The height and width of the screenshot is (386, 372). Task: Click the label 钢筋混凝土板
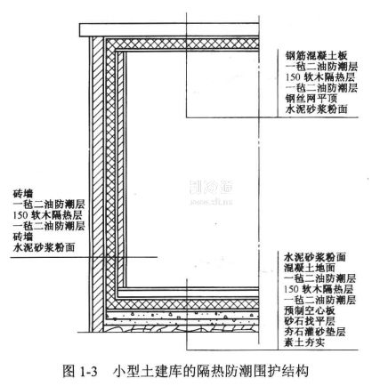(316, 55)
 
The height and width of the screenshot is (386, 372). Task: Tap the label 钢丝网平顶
(311, 99)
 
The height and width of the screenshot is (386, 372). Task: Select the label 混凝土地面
(310, 268)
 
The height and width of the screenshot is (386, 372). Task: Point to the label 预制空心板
(310, 310)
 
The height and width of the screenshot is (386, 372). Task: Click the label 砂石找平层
(310, 321)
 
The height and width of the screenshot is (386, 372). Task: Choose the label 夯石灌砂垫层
(315, 332)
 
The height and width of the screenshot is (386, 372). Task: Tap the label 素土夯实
(304, 342)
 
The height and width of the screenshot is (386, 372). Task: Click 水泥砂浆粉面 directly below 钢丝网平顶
(316, 109)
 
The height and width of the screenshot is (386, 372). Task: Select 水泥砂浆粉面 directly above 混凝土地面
(315, 257)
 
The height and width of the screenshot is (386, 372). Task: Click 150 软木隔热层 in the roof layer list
(320, 77)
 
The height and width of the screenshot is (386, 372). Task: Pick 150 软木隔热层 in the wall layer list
(47, 215)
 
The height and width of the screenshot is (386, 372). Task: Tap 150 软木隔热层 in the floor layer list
(319, 289)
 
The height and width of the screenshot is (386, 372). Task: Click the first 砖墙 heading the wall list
(23, 194)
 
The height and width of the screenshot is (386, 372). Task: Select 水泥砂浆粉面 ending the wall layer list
(44, 247)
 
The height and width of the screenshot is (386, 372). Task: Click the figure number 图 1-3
(80, 371)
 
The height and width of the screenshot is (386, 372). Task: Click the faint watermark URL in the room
(211, 203)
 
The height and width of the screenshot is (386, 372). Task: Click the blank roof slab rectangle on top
(169, 29)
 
